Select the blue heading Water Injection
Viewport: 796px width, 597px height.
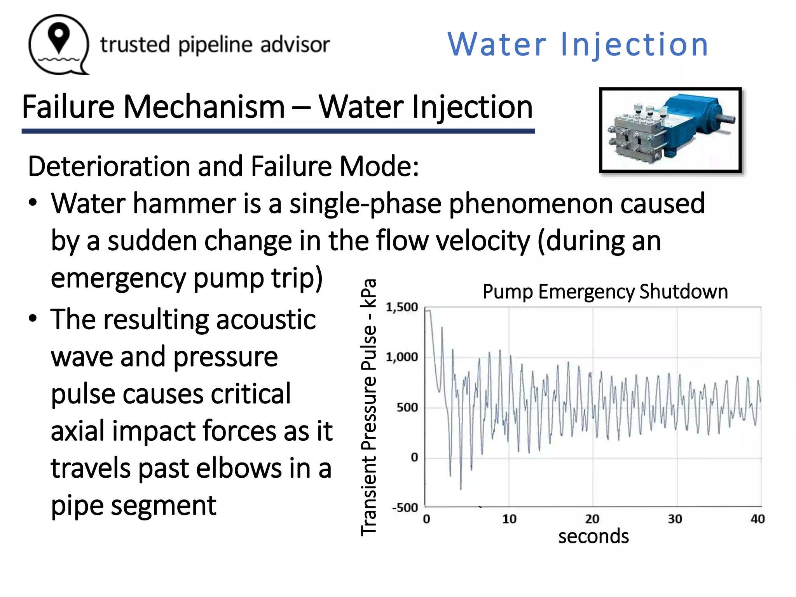(x=578, y=44)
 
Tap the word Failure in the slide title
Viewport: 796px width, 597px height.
(x=68, y=107)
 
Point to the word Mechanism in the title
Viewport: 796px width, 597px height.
(x=204, y=107)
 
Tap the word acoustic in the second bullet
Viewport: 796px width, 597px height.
(x=265, y=319)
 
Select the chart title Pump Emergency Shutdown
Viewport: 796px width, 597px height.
(x=605, y=292)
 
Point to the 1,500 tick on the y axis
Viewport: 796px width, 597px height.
(x=402, y=307)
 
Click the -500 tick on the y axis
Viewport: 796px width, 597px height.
(x=405, y=508)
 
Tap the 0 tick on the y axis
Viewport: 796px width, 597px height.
(x=414, y=457)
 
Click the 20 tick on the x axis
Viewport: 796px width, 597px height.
(x=592, y=519)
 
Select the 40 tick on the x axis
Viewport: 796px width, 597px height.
(x=758, y=519)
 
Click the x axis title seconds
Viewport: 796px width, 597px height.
(x=594, y=536)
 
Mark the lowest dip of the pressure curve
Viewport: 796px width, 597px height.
(x=461, y=489)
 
